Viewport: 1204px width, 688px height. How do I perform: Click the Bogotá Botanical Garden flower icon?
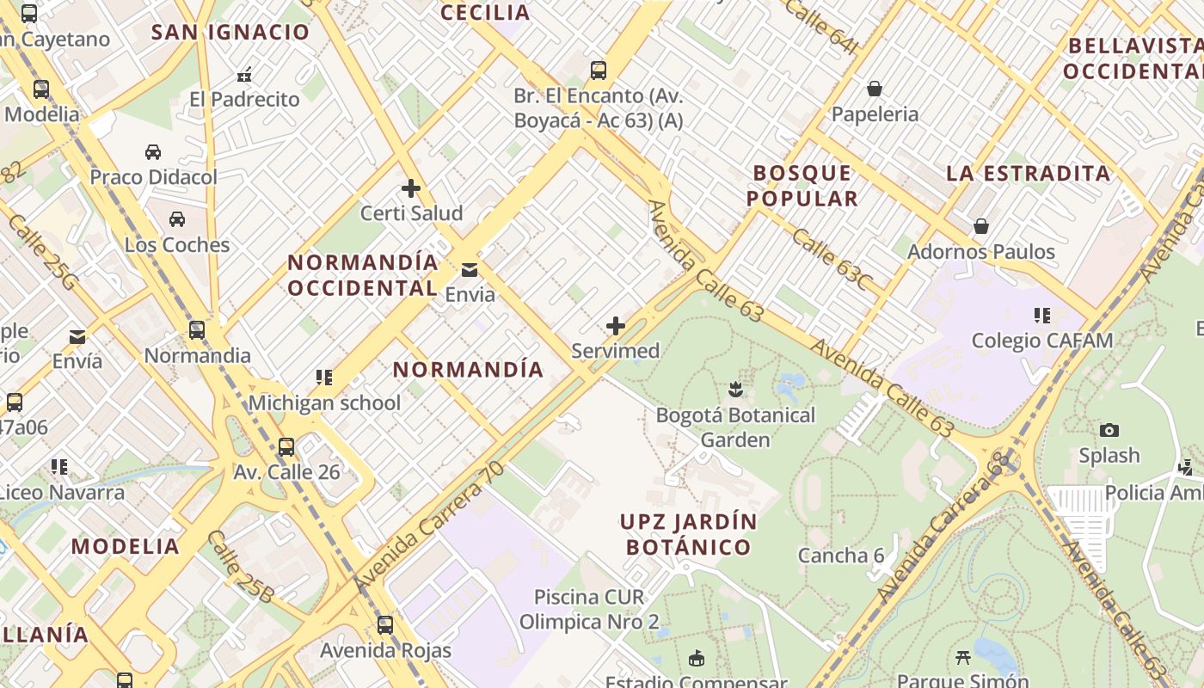click(735, 390)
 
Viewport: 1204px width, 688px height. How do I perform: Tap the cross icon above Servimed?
click(616, 326)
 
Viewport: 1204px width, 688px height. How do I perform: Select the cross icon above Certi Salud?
click(411, 188)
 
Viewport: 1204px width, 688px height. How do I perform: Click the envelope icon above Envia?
click(470, 270)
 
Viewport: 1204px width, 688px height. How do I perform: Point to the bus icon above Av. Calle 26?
click(286, 447)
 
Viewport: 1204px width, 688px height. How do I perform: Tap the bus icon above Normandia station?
click(197, 330)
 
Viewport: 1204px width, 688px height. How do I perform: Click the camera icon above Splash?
click(1109, 430)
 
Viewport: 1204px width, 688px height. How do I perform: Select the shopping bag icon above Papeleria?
click(875, 89)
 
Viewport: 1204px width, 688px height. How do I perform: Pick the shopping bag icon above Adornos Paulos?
click(981, 226)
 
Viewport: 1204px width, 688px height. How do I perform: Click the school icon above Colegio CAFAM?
click(1042, 316)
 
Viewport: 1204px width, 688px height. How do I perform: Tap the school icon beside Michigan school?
click(323, 378)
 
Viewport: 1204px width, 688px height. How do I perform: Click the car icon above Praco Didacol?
click(153, 152)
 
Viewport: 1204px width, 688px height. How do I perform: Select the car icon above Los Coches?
click(177, 219)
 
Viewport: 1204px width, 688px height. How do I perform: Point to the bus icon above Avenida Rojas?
click(385, 625)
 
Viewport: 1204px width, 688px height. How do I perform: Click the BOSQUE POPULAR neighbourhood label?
click(802, 186)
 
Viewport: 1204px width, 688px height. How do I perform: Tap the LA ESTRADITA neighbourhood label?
click(1029, 173)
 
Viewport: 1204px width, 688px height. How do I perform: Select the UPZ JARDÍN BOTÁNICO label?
click(689, 534)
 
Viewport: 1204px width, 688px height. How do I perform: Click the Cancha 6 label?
click(840, 556)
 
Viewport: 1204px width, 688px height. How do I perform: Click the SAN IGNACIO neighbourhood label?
click(230, 33)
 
